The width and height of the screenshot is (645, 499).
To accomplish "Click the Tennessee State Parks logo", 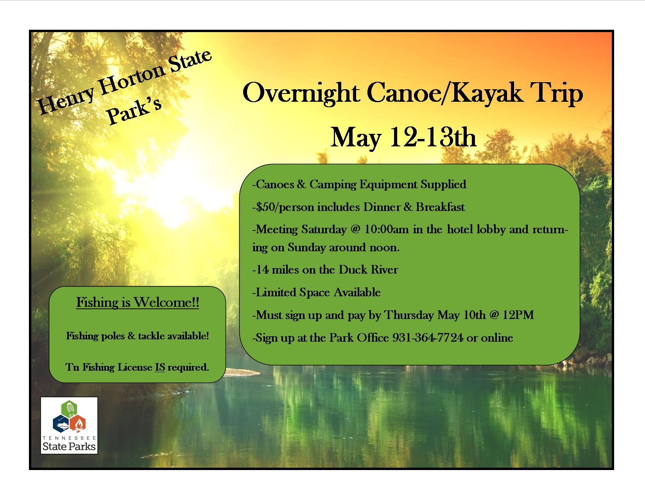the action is pos(69,425).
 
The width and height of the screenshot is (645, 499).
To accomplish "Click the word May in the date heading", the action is pos(356,137).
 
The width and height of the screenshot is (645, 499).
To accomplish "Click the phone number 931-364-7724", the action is pos(428,338).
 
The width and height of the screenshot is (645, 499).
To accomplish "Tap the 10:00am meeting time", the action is pos(387,229).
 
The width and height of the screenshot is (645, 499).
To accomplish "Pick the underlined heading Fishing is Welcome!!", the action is pos(138,302).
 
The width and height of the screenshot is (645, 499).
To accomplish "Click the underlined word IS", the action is pos(160,367).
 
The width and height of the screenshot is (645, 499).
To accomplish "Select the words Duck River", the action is pos(368,270).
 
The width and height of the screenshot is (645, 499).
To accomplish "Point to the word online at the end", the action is pos(497,338).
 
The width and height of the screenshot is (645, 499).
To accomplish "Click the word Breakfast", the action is pos(440,207).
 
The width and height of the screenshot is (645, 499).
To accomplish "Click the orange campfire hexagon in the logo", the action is pos(78,423).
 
